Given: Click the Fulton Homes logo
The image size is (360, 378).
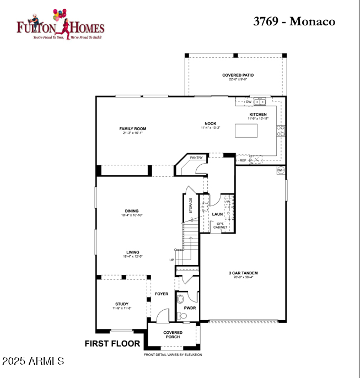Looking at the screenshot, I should click(60, 24).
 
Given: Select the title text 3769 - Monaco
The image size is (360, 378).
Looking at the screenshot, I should click(294, 21).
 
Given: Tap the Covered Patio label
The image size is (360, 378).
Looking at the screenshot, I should click(238, 75).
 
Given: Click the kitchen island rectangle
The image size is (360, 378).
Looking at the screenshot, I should click(246, 130).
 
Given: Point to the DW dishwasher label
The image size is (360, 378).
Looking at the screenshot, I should click(249, 101).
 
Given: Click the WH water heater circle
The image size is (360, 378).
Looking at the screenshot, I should click(281, 170).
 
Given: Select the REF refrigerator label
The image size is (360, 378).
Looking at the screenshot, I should click(243, 160).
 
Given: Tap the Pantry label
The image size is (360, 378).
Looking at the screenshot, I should click(196, 158).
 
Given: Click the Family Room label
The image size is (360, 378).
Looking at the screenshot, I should click(133, 129).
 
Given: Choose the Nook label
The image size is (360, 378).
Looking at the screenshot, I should click(210, 124).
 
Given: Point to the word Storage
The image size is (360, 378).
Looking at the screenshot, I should click(191, 206).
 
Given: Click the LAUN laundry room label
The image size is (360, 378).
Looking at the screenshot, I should click(217, 214).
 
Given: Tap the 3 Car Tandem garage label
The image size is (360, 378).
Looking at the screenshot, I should click(244, 273).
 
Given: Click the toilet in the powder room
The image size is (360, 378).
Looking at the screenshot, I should click(182, 315).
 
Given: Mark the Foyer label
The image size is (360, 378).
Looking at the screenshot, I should click(162, 294).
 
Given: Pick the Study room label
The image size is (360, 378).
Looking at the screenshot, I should click(122, 304).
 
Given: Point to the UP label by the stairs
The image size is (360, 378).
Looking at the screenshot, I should click(171, 260).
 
